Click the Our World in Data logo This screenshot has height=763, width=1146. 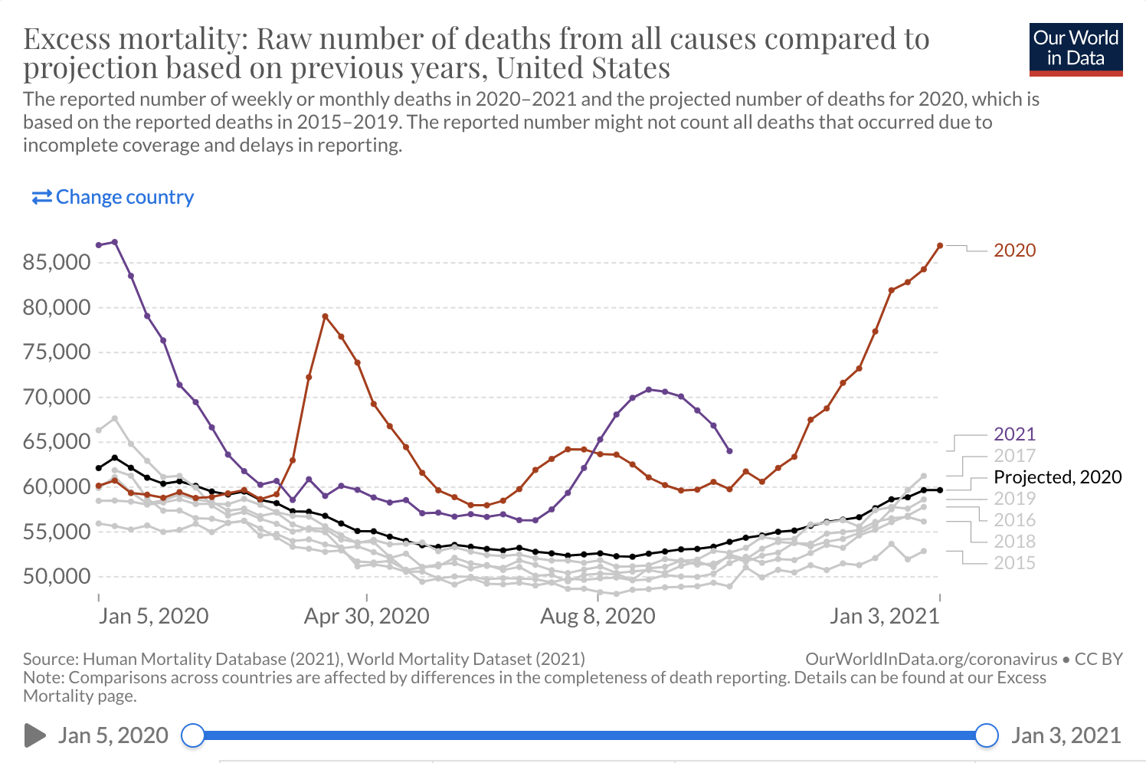[x=1076, y=49]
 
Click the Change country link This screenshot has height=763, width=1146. [x=113, y=197]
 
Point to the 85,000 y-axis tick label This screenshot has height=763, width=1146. [x=57, y=262]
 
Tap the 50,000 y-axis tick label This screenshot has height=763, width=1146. [x=57, y=576]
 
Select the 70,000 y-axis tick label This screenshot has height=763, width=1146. [x=57, y=397]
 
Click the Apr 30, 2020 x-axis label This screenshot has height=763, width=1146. [x=366, y=616]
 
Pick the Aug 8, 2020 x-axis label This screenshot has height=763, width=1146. [x=598, y=616]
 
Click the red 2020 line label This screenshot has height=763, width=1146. [x=1014, y=251]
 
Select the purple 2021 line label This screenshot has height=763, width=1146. [x=1014, y=434]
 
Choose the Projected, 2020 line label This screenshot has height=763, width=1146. [x=1057, y=477]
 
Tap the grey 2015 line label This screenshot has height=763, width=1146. [x=1014, y=563]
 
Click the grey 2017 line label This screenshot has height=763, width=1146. [x=1014, y=456]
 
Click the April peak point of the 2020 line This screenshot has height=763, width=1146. [x=325, y=316]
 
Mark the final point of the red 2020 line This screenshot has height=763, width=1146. [x=940, y=245]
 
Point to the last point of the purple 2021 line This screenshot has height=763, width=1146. [x=729, y=450]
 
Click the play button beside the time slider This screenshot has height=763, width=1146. [x=34, y=735]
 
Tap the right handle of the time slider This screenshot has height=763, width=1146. [x=987, y=735]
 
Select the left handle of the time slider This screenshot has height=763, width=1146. [x=193, y=735]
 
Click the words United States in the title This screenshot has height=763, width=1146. [x=583, y=68]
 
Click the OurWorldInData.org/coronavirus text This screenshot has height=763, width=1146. [x=931, y=660]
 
